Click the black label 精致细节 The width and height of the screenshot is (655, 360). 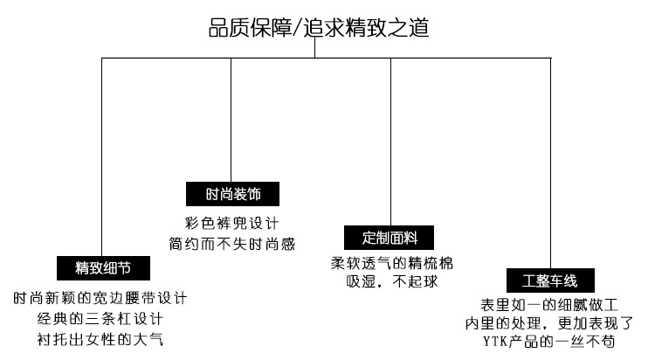102,266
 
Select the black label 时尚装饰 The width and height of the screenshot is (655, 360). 231,193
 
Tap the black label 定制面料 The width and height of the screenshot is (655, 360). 390,237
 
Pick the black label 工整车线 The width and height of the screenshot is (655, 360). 550,280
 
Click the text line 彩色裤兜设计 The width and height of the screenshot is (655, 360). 231,222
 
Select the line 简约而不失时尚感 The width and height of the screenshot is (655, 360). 231,240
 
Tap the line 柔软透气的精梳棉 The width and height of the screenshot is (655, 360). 390,264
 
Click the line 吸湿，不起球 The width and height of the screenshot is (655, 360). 390,282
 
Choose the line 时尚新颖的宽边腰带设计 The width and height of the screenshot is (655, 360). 101,298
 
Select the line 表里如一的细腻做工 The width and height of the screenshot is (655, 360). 549,305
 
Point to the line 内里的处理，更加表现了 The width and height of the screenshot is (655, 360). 549,323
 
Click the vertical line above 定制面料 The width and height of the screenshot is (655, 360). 390,140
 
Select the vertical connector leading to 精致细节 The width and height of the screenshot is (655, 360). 102,157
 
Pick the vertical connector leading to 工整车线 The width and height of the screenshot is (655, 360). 551,166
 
